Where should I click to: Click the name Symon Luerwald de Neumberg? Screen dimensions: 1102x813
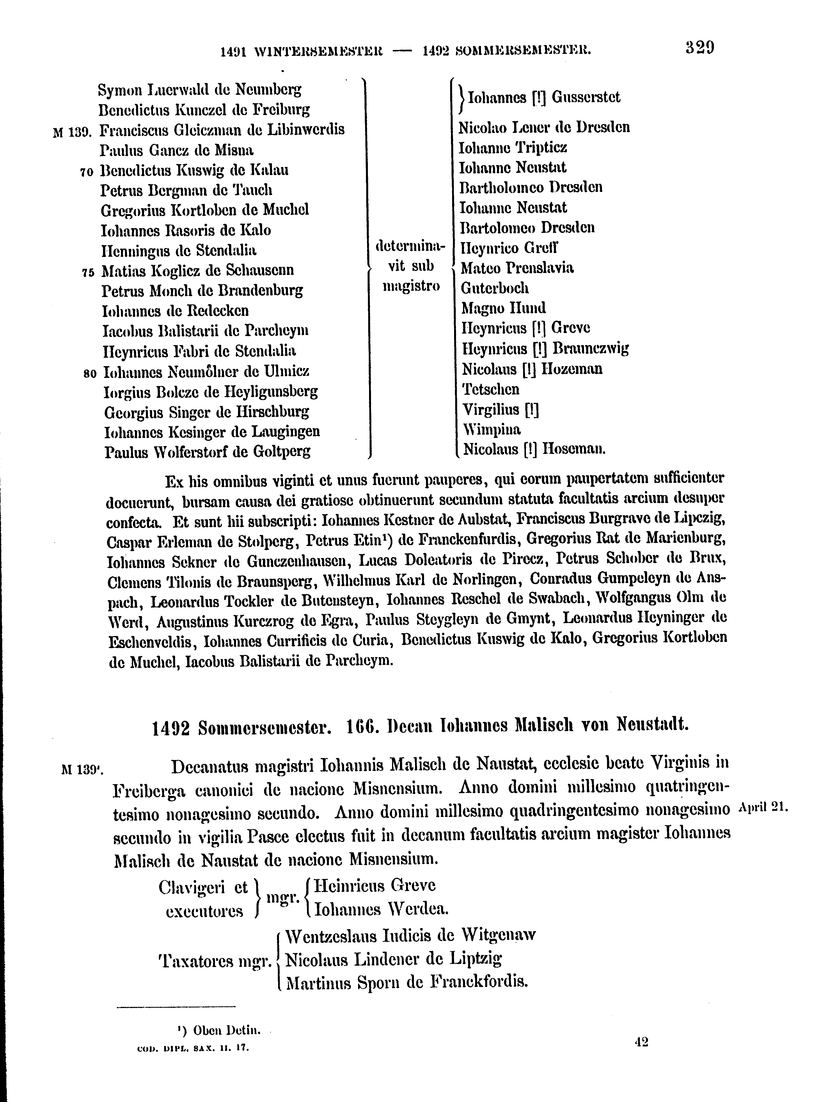tap(199, 89)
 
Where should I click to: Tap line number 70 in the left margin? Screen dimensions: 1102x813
tap(87, 172)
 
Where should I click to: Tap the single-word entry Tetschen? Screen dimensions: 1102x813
tap(491, 389)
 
